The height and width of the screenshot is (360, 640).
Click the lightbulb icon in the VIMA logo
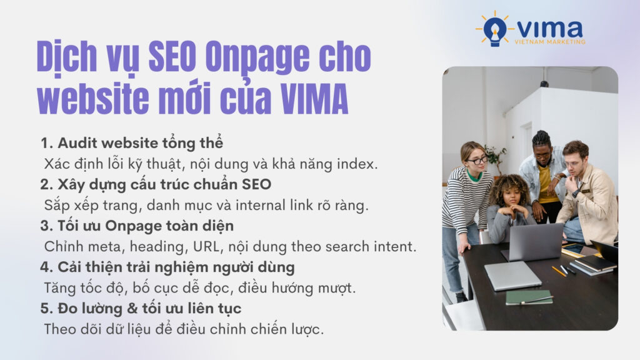click(x=495, y=29)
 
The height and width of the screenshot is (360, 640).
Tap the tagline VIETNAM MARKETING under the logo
click(x=549, y=42)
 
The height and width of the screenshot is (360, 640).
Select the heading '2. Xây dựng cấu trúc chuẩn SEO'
click(x=156, y=184)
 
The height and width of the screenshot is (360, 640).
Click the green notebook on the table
click(x=528, y=297)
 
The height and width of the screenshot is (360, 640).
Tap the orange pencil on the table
click(x=558, y=271)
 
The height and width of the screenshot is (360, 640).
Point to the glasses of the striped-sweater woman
click(x=477, y=161)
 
